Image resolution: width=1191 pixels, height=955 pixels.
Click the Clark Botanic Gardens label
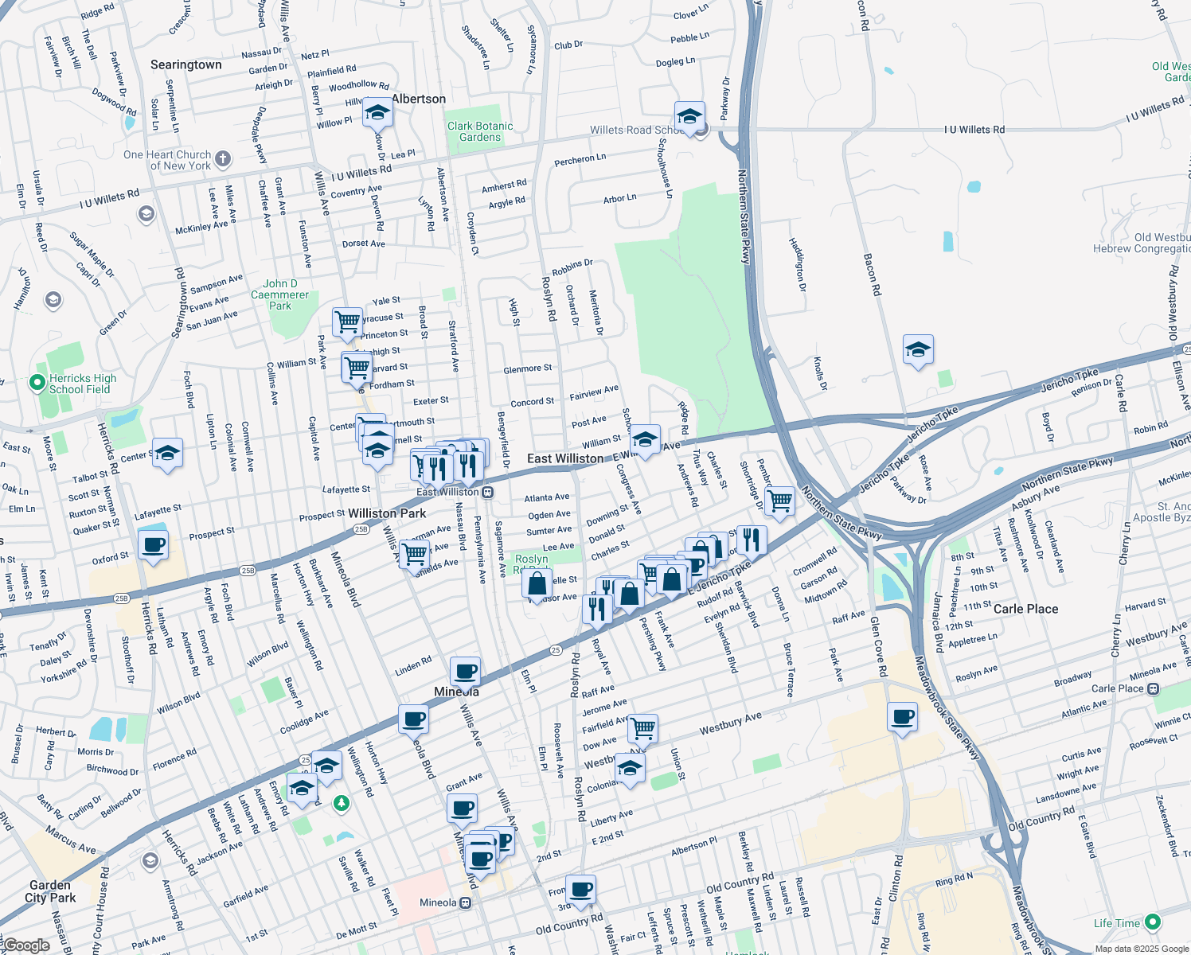tap(480, 131)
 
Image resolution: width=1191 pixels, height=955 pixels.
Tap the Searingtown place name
tap(186, 64)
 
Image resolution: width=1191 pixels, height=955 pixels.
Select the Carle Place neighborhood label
tap(1025, 609)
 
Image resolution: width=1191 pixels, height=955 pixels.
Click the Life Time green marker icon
tap(1153, 923)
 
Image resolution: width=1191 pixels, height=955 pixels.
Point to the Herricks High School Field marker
tap(37, 383)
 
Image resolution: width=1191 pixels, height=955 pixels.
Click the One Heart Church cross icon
tap(223, 158)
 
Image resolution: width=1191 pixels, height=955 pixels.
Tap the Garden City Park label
tap(50, 891)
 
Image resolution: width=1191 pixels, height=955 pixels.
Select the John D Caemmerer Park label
tap(279, 294)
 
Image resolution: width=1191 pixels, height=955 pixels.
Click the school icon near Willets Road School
tap(689, 116)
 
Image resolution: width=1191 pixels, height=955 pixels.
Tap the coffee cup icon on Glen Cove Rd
tap(903, 716)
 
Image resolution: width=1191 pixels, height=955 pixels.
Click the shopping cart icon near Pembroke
tap(779, 501)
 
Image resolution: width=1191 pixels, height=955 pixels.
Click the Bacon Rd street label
tap(873, 275)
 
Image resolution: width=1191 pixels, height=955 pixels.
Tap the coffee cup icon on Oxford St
tap(153, 545)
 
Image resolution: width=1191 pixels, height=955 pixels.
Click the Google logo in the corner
tap(25, 945)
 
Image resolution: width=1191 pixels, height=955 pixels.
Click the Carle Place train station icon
tap(1153, 688)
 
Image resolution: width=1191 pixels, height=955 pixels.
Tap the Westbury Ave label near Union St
tap(730, 723)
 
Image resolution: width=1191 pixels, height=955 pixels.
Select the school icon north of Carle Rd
tap(918, 349)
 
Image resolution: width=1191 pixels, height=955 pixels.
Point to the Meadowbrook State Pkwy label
tap(947, 708)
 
